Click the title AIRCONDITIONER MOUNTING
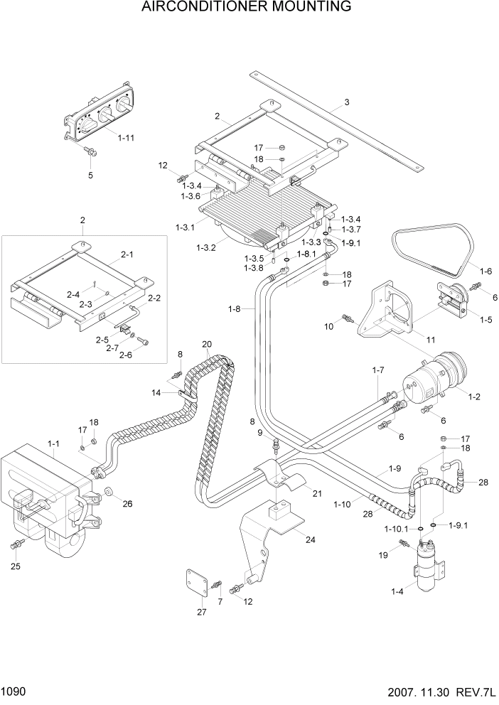pyautogui.click(x=247, y=8)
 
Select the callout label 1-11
pyautogui.click(x=126, y=138)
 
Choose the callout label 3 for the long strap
pyautogui.click(x=347, y=102)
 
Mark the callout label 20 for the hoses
pyautogui.click(x=207, y=345)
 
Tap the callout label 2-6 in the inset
pyautogui.click(x=127, y=355)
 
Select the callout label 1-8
pyautogui.click(x=235, y=308)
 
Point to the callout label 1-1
pyautogui.click(x=54, y=443)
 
